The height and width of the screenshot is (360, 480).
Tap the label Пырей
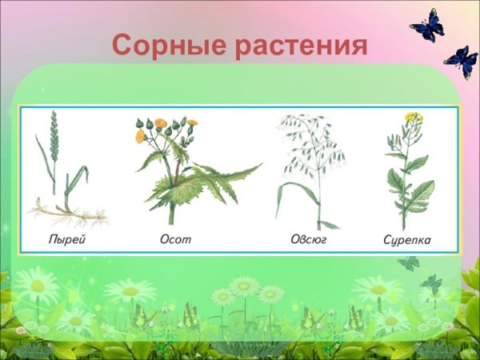click(64, 238)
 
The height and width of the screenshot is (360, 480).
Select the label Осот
click(174, 238)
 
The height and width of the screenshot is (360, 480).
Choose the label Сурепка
click(408, 238)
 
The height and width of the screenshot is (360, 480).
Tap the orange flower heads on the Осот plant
click(160, 126)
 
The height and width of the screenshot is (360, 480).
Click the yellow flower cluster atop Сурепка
click(413, 118)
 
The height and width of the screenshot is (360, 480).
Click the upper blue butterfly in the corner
click(427, 26)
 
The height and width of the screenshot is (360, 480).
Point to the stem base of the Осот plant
click(170, 214)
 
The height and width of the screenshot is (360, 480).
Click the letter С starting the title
click(121, 45)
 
